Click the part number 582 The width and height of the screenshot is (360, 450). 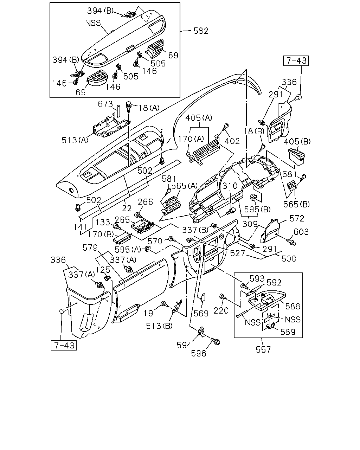tap(201, 31)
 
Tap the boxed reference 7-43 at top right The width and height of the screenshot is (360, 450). tap(296, 60)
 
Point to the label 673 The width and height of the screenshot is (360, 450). tap(105, 104)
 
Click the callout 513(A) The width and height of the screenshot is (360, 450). tap(75, 140)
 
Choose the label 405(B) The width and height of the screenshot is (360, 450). tap(297, 142)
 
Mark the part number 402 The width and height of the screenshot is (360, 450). tap(232, 141)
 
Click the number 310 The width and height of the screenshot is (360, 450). tap(230, 186)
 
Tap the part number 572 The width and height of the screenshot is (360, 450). tap(297, 219)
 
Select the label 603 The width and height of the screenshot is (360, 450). tap(301, 232)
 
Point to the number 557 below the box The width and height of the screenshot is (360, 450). tap(263, 349)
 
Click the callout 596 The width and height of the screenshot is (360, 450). tap(199, 353)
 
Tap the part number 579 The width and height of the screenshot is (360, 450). tap(90, 248)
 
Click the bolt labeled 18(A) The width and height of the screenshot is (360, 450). tap(129, 107)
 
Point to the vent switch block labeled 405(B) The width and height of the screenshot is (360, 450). tap(296, 156)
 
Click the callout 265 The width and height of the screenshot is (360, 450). tap(122, 220)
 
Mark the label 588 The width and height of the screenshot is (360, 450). tap(292, 306)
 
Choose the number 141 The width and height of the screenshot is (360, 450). tap(81, 227)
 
